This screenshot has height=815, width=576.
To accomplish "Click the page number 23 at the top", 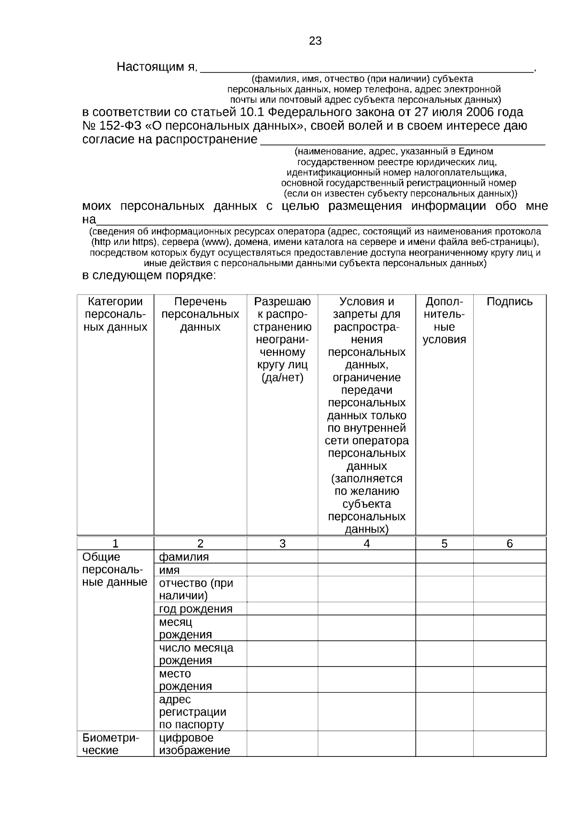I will [315, 41].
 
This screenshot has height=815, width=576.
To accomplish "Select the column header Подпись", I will [509, 302].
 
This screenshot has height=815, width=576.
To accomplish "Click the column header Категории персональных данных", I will [115, 314].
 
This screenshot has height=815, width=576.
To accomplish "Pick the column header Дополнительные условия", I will [444, 320].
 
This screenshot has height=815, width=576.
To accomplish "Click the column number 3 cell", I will [282, 543].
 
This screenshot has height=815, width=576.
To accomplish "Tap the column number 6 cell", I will [509, 543].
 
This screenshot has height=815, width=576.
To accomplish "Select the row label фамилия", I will [184, 557].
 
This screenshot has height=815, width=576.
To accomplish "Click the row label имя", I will [169, 570].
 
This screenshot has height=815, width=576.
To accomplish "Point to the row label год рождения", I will [195, 609].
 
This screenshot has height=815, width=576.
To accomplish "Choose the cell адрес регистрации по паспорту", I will [192, 712].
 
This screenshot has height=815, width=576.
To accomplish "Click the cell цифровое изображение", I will [194, 743].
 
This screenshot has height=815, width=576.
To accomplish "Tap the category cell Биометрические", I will [110, 743].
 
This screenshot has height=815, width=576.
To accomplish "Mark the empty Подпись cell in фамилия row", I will [509, 557].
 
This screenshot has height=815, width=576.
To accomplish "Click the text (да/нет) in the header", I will [282, 377].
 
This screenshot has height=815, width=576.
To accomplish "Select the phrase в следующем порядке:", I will [149, 276].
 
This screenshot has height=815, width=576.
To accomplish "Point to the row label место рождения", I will [185, 680].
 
